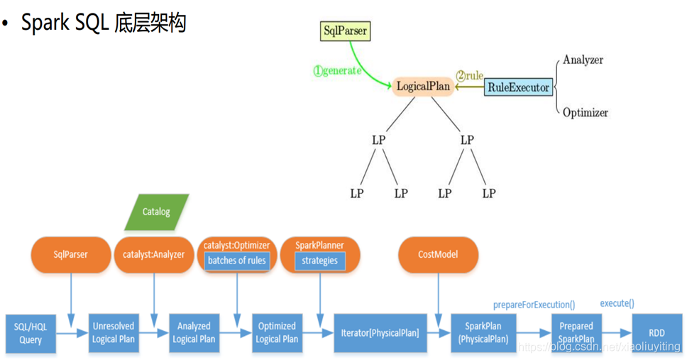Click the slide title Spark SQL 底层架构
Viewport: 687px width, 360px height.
(103, 23)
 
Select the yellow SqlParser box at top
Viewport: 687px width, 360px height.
(345, 31)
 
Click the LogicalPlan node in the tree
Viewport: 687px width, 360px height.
(423, 87)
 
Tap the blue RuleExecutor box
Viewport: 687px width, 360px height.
(518, 87)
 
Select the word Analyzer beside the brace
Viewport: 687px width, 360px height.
(583, 60)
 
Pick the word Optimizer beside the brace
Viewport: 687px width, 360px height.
(585, 112)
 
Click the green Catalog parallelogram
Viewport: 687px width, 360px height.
(156, 212)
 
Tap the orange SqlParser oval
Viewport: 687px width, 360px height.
(70, 254)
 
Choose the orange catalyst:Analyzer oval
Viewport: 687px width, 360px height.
(153, 254)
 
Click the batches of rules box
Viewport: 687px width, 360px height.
(236, 261)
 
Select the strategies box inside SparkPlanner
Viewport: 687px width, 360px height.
(319, 261)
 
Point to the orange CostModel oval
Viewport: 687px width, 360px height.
(438, 254)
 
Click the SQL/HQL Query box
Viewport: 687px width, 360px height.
(31, 333)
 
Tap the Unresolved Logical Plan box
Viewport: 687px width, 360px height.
(113, 332)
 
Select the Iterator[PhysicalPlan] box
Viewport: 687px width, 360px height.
(380, 332)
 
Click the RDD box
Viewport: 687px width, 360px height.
(656, 332)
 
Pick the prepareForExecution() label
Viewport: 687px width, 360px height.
(534, 305)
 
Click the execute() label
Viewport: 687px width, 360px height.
(617, 303)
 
